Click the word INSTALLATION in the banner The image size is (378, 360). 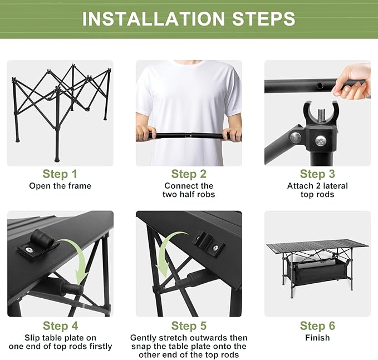(x=154, y=18)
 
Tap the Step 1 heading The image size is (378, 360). (x=60, y=174)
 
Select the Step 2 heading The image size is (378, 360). (x=189, y=174)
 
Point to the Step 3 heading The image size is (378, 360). (x=317, y=174)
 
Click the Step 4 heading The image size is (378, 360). (x=61, y=326)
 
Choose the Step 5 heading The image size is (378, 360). (x=189, y=326)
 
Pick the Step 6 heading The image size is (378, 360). (x=317, y=326)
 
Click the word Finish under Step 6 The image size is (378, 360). (x=317, y=338)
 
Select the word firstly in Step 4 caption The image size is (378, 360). (x=101, y=346)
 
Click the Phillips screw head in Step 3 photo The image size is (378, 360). (x=321, y=140)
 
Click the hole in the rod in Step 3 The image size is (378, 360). (x=321, y=85)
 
